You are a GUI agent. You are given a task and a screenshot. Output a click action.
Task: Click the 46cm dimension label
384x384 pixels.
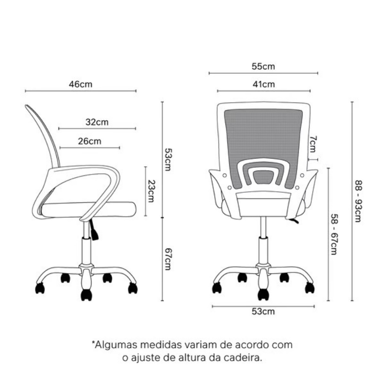coord(81,84)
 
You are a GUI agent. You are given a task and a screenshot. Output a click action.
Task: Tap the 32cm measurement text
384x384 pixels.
coord(97,122)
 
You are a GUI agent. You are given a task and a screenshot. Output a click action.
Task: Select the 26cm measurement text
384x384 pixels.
coord(89,141)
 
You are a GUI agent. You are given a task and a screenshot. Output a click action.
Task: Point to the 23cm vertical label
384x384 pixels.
coord(151,191)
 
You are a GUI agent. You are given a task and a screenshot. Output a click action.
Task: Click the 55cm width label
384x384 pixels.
coord(263,66)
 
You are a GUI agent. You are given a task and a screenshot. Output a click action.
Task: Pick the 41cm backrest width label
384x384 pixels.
coord(264,84)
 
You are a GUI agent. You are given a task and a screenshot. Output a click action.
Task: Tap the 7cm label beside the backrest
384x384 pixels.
coord(313,144)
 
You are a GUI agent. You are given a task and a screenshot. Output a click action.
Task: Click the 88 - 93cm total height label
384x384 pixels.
coord(358,201)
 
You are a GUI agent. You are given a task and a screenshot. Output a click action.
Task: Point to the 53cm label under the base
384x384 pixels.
coord(263,311)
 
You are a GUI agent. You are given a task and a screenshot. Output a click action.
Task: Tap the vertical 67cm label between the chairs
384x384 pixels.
coord(168,259)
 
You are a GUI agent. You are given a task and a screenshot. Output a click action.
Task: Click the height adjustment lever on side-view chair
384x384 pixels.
coord(94,230)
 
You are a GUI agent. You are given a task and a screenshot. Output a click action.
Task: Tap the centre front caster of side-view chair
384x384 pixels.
coord(86,295)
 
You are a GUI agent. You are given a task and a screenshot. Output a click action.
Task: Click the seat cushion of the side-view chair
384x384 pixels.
coord(88,209)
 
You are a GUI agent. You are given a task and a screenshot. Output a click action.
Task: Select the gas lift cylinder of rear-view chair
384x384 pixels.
coord(263,239)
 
